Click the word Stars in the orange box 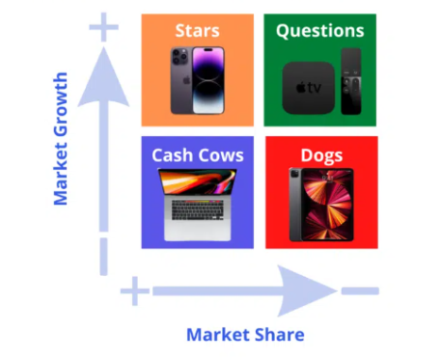tap(197, 31)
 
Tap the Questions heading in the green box tap(321, 30)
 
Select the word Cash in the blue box tap(174, 154)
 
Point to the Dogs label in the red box tap(320, 154)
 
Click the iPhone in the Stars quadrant tap(197, 79)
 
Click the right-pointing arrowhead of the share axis tap(307, 290)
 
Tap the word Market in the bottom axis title tap(219, 335)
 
